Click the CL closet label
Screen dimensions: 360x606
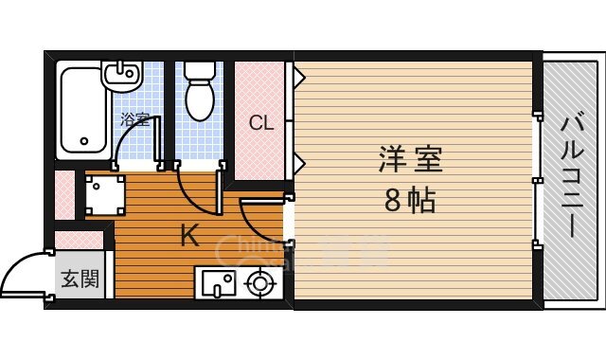point(261,123)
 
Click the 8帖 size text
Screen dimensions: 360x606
point(411,200)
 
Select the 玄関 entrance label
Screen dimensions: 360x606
point(80,279)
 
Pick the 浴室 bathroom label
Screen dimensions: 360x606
point(134,119)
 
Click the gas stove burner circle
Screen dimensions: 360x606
point(260,282)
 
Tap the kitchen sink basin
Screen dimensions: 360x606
point(218,282)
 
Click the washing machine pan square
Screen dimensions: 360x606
point(104,194)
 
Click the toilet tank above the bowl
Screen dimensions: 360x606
point(200,71)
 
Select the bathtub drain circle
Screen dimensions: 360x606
point(83,142)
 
